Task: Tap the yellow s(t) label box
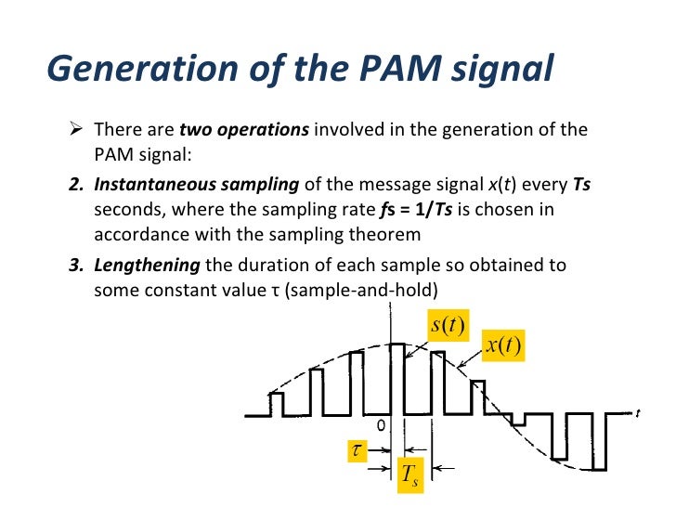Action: coord(448,327)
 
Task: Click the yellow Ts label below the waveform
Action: coord(409,474)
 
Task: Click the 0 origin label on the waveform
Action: coord(381,424)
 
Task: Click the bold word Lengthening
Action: coord(148,265)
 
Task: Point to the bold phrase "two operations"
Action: coord(243,129)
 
